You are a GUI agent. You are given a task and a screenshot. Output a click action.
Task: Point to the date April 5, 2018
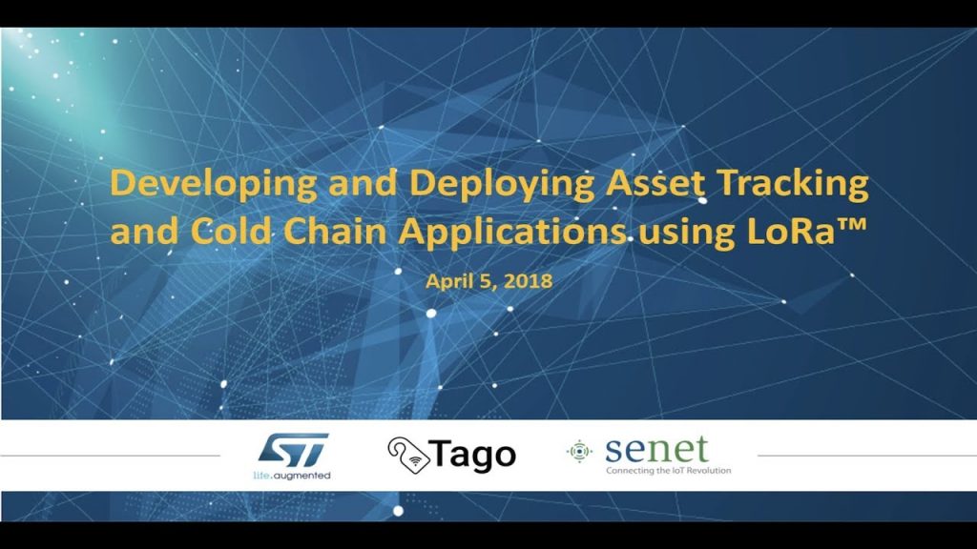[488, 282]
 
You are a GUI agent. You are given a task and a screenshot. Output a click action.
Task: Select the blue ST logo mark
[293, 449]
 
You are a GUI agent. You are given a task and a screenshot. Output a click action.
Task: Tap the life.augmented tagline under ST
[293, 473]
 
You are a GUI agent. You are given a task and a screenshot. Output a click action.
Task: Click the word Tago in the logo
[474, 455]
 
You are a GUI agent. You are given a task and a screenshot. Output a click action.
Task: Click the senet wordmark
[656, 449]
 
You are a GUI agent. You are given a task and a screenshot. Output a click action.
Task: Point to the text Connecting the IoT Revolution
[668, 471]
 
